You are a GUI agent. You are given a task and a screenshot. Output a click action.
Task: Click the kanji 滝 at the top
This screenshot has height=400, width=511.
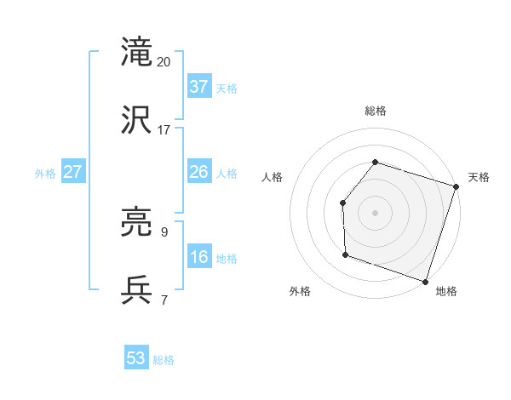coord(137,51)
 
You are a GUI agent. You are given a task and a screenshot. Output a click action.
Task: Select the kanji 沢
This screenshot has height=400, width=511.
coord(137,120)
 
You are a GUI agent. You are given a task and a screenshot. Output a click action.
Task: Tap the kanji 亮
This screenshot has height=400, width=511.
coord(137,223)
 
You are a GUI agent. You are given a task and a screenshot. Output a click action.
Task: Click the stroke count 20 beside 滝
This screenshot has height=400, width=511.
coord(164,62)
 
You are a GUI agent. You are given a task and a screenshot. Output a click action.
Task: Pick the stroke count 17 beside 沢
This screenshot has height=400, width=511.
coord(164,130)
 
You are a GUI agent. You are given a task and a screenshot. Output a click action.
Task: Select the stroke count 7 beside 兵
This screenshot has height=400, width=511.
coord(164,300)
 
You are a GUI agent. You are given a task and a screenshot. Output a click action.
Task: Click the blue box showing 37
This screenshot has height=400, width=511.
coord(199,87)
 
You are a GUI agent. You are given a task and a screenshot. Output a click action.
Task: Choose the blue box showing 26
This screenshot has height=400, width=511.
coord(199,172)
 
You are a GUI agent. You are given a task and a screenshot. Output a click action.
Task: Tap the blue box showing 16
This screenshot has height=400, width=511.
coord(199,257)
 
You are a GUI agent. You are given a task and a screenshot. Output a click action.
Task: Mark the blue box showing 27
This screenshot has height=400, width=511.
coord(72,172)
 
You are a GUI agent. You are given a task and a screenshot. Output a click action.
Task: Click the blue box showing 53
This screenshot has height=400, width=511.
coord(136,358)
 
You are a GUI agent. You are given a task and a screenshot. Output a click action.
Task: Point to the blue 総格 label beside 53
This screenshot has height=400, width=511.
coord(164,360)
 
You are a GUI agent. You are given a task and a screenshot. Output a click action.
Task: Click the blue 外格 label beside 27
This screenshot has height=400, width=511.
coord(45,174)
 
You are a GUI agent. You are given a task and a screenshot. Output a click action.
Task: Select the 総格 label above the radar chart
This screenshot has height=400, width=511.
coord(375,111)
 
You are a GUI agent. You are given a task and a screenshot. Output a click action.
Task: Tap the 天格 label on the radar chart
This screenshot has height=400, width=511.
coord(479,177)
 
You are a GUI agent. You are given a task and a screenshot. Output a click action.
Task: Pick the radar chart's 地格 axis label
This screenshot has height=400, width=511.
coord(446,291)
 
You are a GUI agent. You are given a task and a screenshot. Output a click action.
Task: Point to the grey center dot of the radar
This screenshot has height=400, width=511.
coord(375,212)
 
